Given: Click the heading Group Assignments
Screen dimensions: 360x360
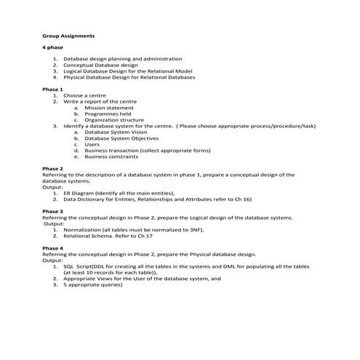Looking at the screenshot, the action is tap(68, 35).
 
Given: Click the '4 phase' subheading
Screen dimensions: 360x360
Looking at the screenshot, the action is tap(53, 47).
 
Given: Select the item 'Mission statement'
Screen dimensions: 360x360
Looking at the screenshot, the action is tap(109, 108).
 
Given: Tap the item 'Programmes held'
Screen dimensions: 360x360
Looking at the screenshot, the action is tap(108, 113).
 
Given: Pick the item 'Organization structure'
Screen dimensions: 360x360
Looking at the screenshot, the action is tap(114, 120).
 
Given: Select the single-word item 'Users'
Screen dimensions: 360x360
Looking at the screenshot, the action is tap(92, 144).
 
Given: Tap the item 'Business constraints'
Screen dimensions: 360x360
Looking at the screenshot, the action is tap(111, 156).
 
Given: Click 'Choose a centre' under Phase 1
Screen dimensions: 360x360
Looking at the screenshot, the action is tap(85, 95).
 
